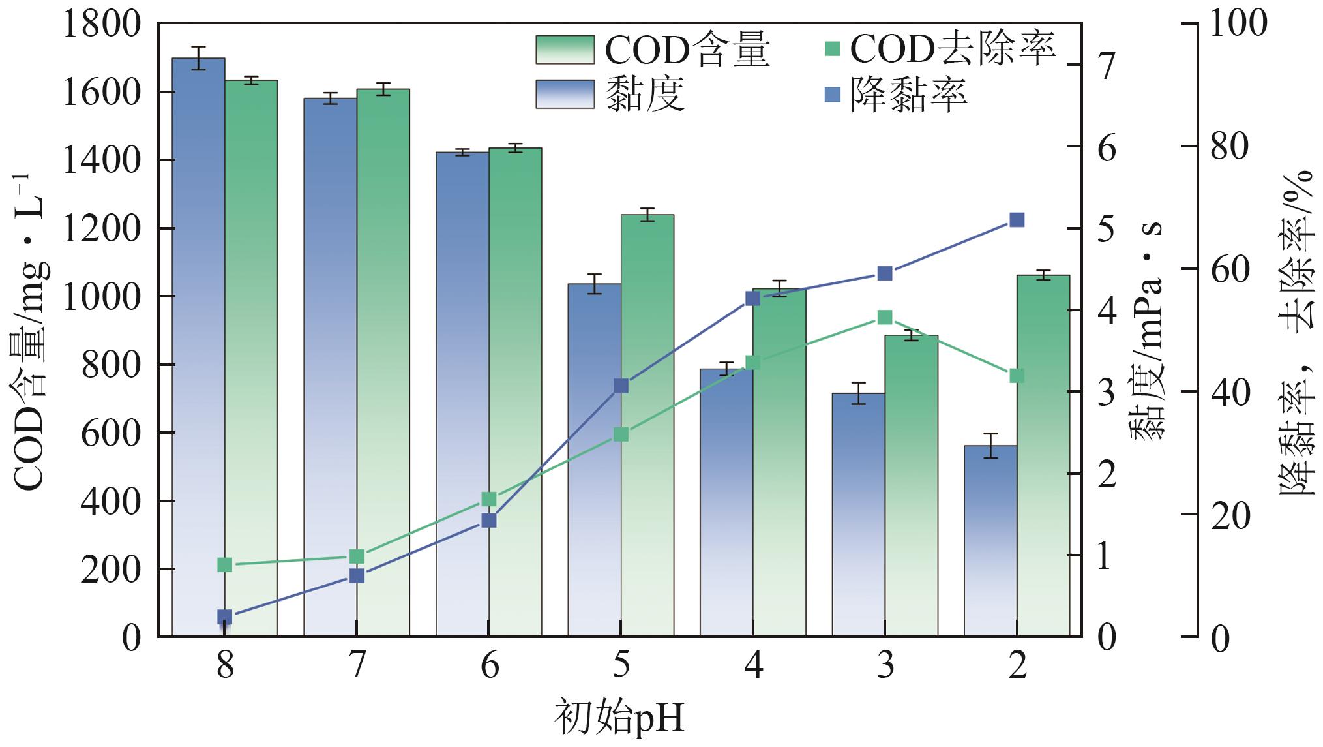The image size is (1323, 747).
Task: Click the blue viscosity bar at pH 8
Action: point(198,346)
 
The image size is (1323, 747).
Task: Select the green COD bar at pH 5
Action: point(647,424)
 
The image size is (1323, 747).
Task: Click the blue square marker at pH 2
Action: point(1017,220)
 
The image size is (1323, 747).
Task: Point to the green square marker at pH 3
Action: point(885,318)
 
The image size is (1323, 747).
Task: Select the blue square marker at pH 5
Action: point(621,386)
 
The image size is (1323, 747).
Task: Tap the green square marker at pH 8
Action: point(225,564)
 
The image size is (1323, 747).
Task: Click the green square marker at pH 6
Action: point(489,499)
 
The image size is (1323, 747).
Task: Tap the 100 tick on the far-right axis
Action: point(1238,23)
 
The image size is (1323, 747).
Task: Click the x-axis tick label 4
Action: point(753,666)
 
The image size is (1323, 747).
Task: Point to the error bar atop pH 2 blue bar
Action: point(990,446)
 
